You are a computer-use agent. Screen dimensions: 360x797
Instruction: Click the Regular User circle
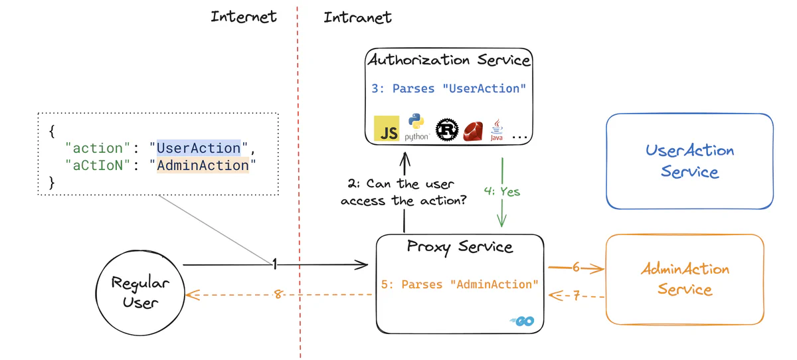140,293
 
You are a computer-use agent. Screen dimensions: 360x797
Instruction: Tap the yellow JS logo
387,129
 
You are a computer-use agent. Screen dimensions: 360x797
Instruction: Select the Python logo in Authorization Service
416,126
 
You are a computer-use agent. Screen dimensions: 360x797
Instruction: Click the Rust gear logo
447,130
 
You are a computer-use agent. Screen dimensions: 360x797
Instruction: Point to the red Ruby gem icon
473,131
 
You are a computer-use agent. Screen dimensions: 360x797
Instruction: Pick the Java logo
496,130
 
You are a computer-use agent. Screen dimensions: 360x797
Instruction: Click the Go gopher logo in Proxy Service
523,321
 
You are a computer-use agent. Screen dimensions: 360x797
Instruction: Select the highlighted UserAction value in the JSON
199,148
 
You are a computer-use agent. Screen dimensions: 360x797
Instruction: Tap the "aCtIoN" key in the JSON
94,165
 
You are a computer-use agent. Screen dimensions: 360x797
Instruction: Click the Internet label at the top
244,17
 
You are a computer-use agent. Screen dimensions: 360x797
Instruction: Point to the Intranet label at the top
357,17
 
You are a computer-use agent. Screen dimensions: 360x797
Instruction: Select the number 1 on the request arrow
274,265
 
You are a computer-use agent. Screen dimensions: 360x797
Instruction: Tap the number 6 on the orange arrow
576,267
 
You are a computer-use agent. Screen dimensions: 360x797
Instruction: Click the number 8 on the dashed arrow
278,294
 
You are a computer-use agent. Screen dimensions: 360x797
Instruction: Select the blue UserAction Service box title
689,161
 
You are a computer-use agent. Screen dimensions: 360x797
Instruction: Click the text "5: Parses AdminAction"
460,284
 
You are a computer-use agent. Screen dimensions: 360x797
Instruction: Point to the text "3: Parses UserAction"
448,88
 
